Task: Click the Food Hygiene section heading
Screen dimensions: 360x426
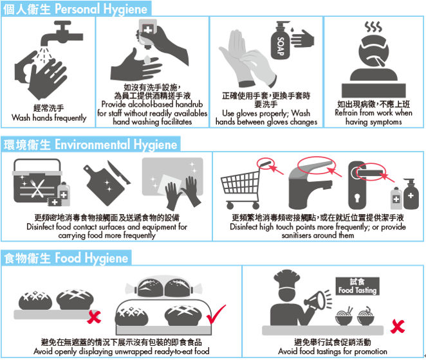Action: [x=66, y=258]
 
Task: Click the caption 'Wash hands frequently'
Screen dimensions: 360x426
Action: [x=49, y=118]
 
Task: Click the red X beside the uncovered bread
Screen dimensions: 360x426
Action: [x=95, y=317]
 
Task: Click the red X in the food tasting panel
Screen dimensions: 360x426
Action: [x=397, y=327]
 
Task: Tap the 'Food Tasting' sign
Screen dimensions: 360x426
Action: [x=358, y=287]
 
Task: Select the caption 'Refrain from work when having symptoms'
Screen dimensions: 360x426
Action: [x=373, y=118]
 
